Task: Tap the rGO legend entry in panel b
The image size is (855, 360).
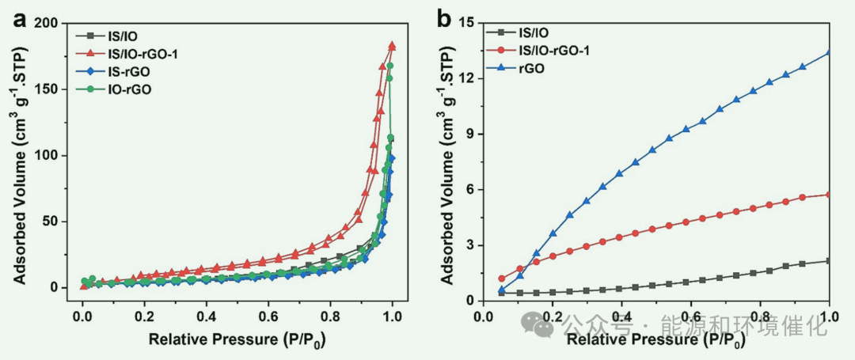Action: pyautogui.click(x=538, y=70)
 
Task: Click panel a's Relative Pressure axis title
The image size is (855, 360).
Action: pyautogui.click(x=237, y=341)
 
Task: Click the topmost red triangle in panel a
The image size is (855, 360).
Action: pyautogui.click(x=392, y=46)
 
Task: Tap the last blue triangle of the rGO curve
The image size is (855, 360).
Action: pyautogui.click(x=830, y=53)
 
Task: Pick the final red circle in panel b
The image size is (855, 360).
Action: pyautogui.click(x=830, y=195)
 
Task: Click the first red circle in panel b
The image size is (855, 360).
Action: pyautogui.click(x=501, y=279)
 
